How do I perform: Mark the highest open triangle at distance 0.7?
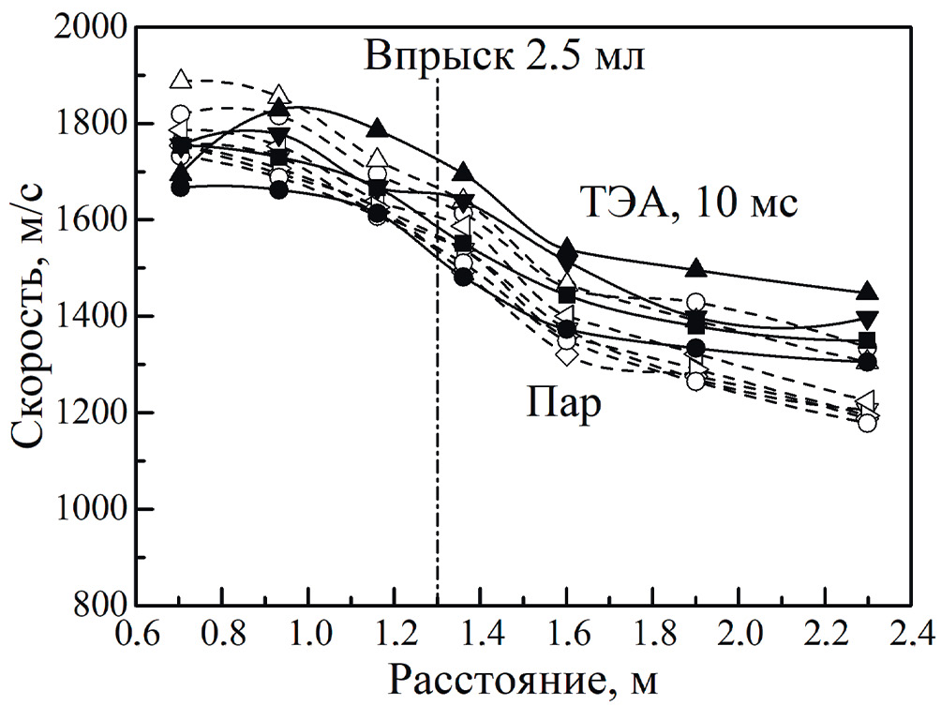pyautogui.click(x=181, y=79)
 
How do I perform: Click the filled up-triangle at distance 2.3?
pyautogui.click(x=868, y=290)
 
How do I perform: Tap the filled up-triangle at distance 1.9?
pyautogui.click(x=695, y=268)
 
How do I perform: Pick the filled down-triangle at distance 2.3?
pyautogui.click(x=868, y=319)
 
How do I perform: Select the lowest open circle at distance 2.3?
pyautogui.click(x=868, y=423)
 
